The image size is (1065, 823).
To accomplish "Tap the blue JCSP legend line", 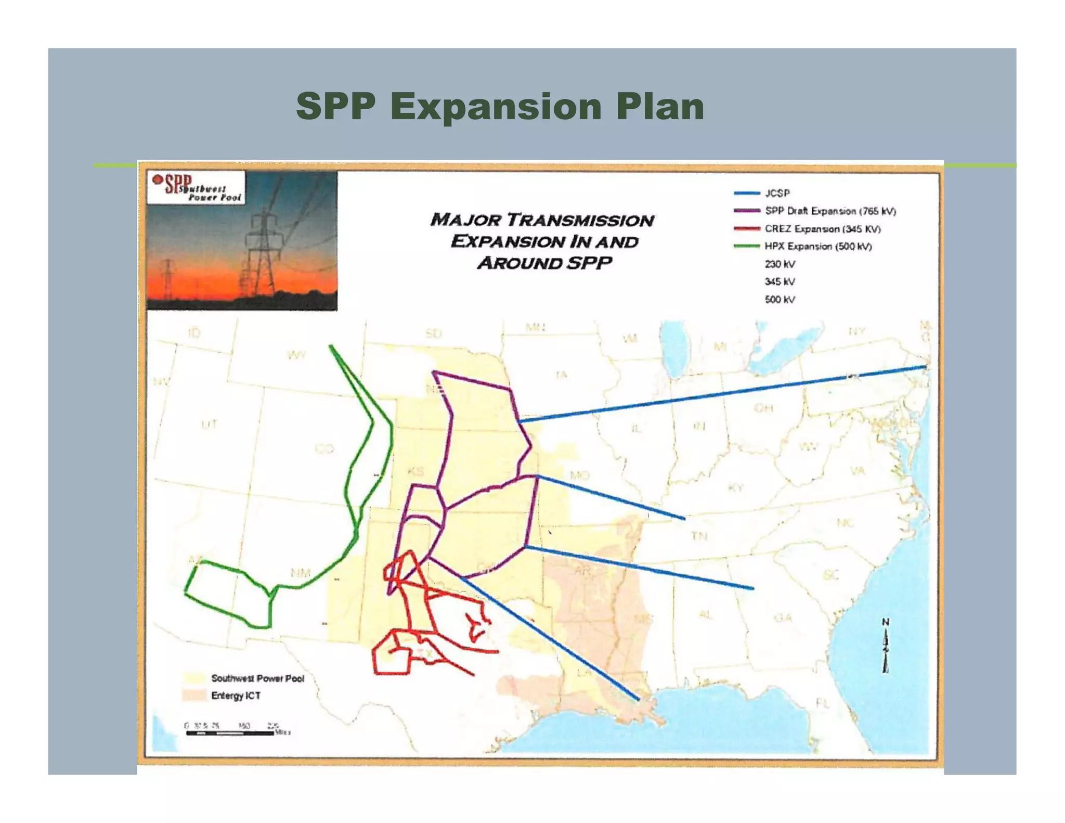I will point(747,193).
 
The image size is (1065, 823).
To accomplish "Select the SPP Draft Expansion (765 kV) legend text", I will point(830,211).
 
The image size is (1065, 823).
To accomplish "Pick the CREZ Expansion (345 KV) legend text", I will point(822,229).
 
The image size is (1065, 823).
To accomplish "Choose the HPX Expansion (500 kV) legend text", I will point(818,247).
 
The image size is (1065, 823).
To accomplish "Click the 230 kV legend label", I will point(780,264).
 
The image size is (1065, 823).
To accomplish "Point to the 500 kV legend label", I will point(780,300).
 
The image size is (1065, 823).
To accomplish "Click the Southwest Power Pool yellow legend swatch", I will point(193,678).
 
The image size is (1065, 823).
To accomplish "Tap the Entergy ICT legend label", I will point(236,696).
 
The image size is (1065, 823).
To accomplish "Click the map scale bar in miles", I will point(230,733).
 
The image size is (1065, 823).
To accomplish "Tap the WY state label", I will point(296,356).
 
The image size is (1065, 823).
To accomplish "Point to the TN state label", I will point(699,535).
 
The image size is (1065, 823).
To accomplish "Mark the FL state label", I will point(822,704).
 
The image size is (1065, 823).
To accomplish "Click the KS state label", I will point(415,472).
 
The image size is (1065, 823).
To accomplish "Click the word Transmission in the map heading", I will point(580,221).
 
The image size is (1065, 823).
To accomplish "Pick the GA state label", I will point(783,618).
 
